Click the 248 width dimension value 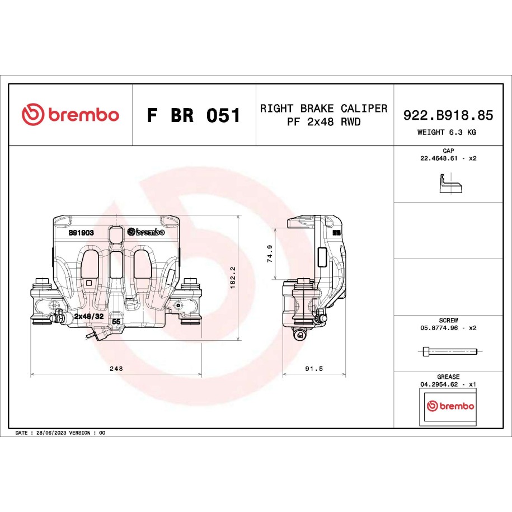(x=116, y=368)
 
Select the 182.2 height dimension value (x=233, y=278)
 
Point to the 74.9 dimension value (x=270, y=253)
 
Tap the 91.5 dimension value (x=314, y=368)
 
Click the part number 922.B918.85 (x=448, y=115)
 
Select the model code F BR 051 (x=194, y=115)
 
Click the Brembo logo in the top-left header (x=71, y=114)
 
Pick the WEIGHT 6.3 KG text (x=447, y=132)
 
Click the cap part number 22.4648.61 (x=439, y=158)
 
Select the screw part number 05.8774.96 (x=439, y=328)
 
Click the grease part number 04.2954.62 (x=439, y=384)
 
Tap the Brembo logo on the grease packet (x=450, y=406)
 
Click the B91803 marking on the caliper (x=81, y=232)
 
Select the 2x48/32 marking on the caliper (x=89, y=316)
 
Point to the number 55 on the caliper (x=116, y=322)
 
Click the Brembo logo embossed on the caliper (x=146, y=232)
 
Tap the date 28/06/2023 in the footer (x=51, y=433)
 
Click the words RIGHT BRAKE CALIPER (x=323, y=109)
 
